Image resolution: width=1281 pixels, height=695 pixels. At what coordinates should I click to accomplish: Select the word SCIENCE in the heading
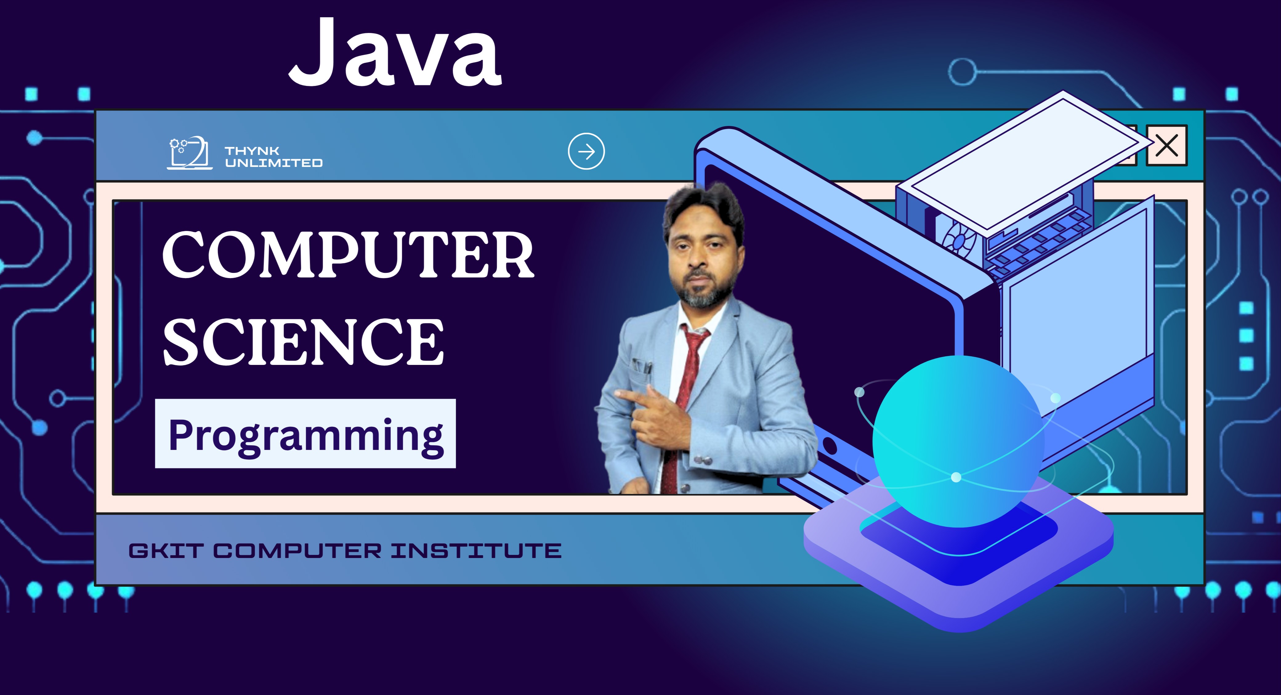[303, 342]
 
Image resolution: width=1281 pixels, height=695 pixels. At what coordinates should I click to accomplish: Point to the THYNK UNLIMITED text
[273, 157]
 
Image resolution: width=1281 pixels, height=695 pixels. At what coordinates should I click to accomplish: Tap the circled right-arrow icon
[586, 151]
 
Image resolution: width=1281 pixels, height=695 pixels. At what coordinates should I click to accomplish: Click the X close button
[1167, 145]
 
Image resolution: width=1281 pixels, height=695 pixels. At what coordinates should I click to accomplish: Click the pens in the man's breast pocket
[641, 367]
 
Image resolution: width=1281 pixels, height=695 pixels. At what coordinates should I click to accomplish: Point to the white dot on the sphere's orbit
[956, 477]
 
